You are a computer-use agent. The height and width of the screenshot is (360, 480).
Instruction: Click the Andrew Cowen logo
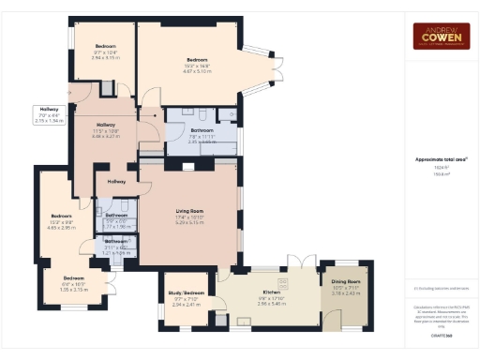coord(442,36)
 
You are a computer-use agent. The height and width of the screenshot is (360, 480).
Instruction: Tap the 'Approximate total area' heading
coord(441,159)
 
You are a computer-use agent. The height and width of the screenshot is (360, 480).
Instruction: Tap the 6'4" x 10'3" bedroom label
coord(73,278)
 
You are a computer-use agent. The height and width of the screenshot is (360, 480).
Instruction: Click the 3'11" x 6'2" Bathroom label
coord(117,241)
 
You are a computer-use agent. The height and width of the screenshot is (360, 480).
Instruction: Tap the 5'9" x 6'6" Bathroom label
coord(117,215)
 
